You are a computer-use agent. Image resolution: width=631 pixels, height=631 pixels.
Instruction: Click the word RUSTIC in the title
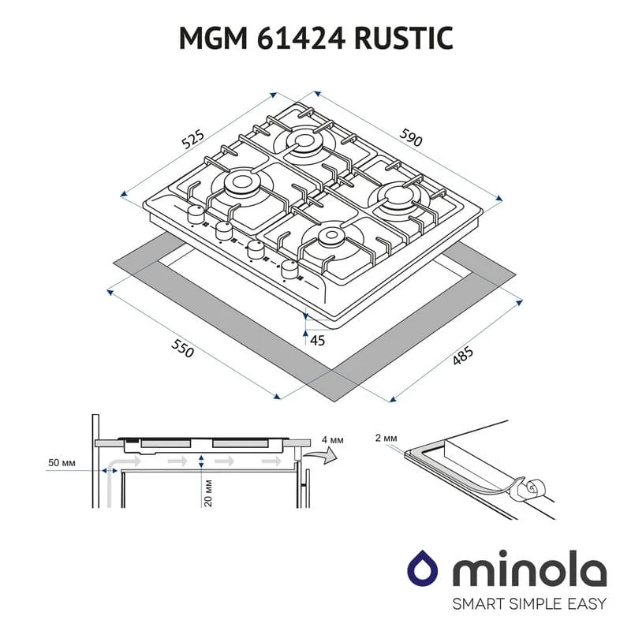pos(404,38)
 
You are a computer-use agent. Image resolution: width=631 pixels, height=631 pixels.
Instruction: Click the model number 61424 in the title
pos(301,38)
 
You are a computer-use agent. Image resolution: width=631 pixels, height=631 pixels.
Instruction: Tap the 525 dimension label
pos(192,140)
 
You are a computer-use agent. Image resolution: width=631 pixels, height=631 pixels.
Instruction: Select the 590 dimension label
pos(411,137)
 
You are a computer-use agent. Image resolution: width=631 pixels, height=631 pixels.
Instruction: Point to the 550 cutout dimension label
pos(183,348)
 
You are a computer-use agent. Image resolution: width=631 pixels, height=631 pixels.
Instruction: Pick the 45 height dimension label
pos(317,341)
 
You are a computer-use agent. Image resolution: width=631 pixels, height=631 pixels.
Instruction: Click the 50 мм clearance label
pos(62,463)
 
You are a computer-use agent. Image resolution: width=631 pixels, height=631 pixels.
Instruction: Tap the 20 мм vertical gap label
pos(208,492)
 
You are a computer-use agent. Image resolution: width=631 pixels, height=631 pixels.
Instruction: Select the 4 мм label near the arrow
pos(332,440)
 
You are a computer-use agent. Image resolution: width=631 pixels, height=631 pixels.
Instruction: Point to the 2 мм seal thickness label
pos(386,438)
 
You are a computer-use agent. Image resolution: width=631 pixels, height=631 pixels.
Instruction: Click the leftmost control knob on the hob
pos(196,215)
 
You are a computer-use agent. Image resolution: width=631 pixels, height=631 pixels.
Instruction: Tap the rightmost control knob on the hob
pos(289,269)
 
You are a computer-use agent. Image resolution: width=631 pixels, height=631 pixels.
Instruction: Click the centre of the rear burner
pos(304,140)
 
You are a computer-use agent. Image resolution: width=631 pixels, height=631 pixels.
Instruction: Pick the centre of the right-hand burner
pos(397,196)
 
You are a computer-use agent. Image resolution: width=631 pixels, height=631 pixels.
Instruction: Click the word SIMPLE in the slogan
pos(530,603)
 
